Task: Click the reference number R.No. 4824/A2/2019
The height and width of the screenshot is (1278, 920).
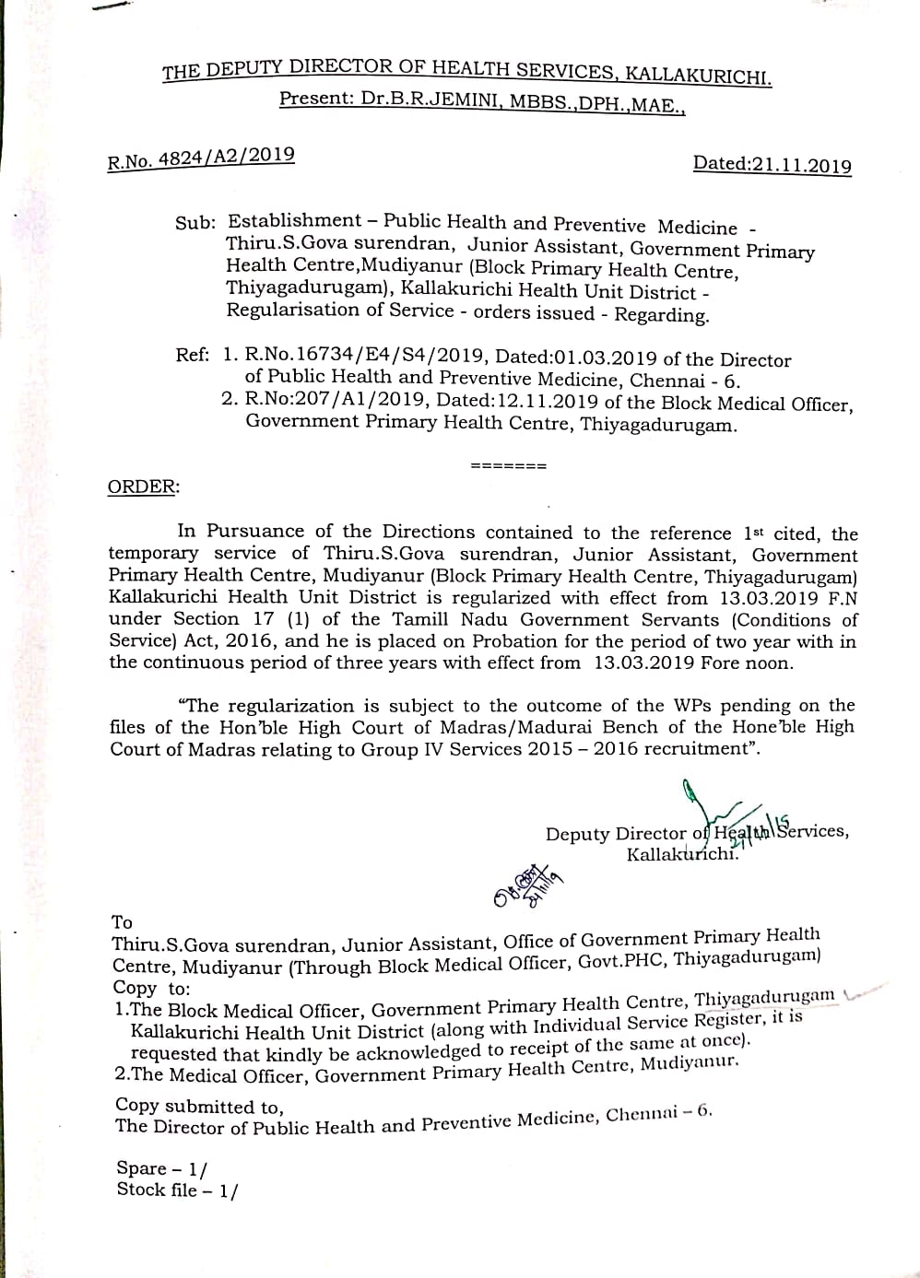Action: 201,158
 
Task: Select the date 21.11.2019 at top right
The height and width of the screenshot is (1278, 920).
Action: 801,165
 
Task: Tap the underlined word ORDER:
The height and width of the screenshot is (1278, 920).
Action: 144,487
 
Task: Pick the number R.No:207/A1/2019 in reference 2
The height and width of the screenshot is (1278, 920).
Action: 336,400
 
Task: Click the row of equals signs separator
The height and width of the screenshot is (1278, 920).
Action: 509,465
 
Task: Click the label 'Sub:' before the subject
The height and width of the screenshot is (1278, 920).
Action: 195,223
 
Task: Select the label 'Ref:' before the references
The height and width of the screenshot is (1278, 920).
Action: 193,354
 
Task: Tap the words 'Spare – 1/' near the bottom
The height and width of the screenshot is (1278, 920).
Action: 161,1168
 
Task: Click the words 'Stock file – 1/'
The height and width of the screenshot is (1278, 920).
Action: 176,1190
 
